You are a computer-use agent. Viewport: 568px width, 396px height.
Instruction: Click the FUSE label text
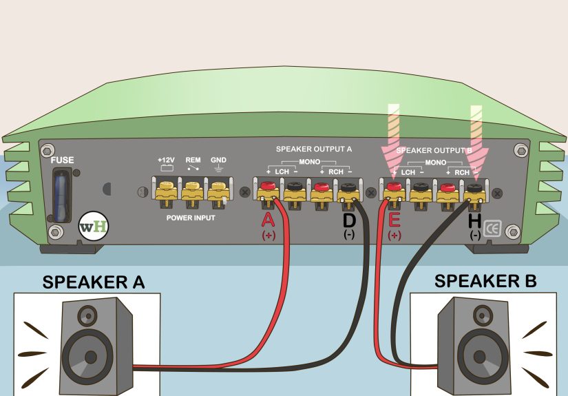62,160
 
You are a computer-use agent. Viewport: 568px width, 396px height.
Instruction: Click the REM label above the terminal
193,159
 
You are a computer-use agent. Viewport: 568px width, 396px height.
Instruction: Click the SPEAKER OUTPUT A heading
313,148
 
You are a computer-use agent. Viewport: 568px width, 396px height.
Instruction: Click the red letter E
393,220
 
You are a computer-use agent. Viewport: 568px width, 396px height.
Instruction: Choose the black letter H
474,220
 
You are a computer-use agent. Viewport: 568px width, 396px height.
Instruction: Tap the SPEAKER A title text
94,282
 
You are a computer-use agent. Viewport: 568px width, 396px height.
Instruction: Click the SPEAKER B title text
485,281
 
